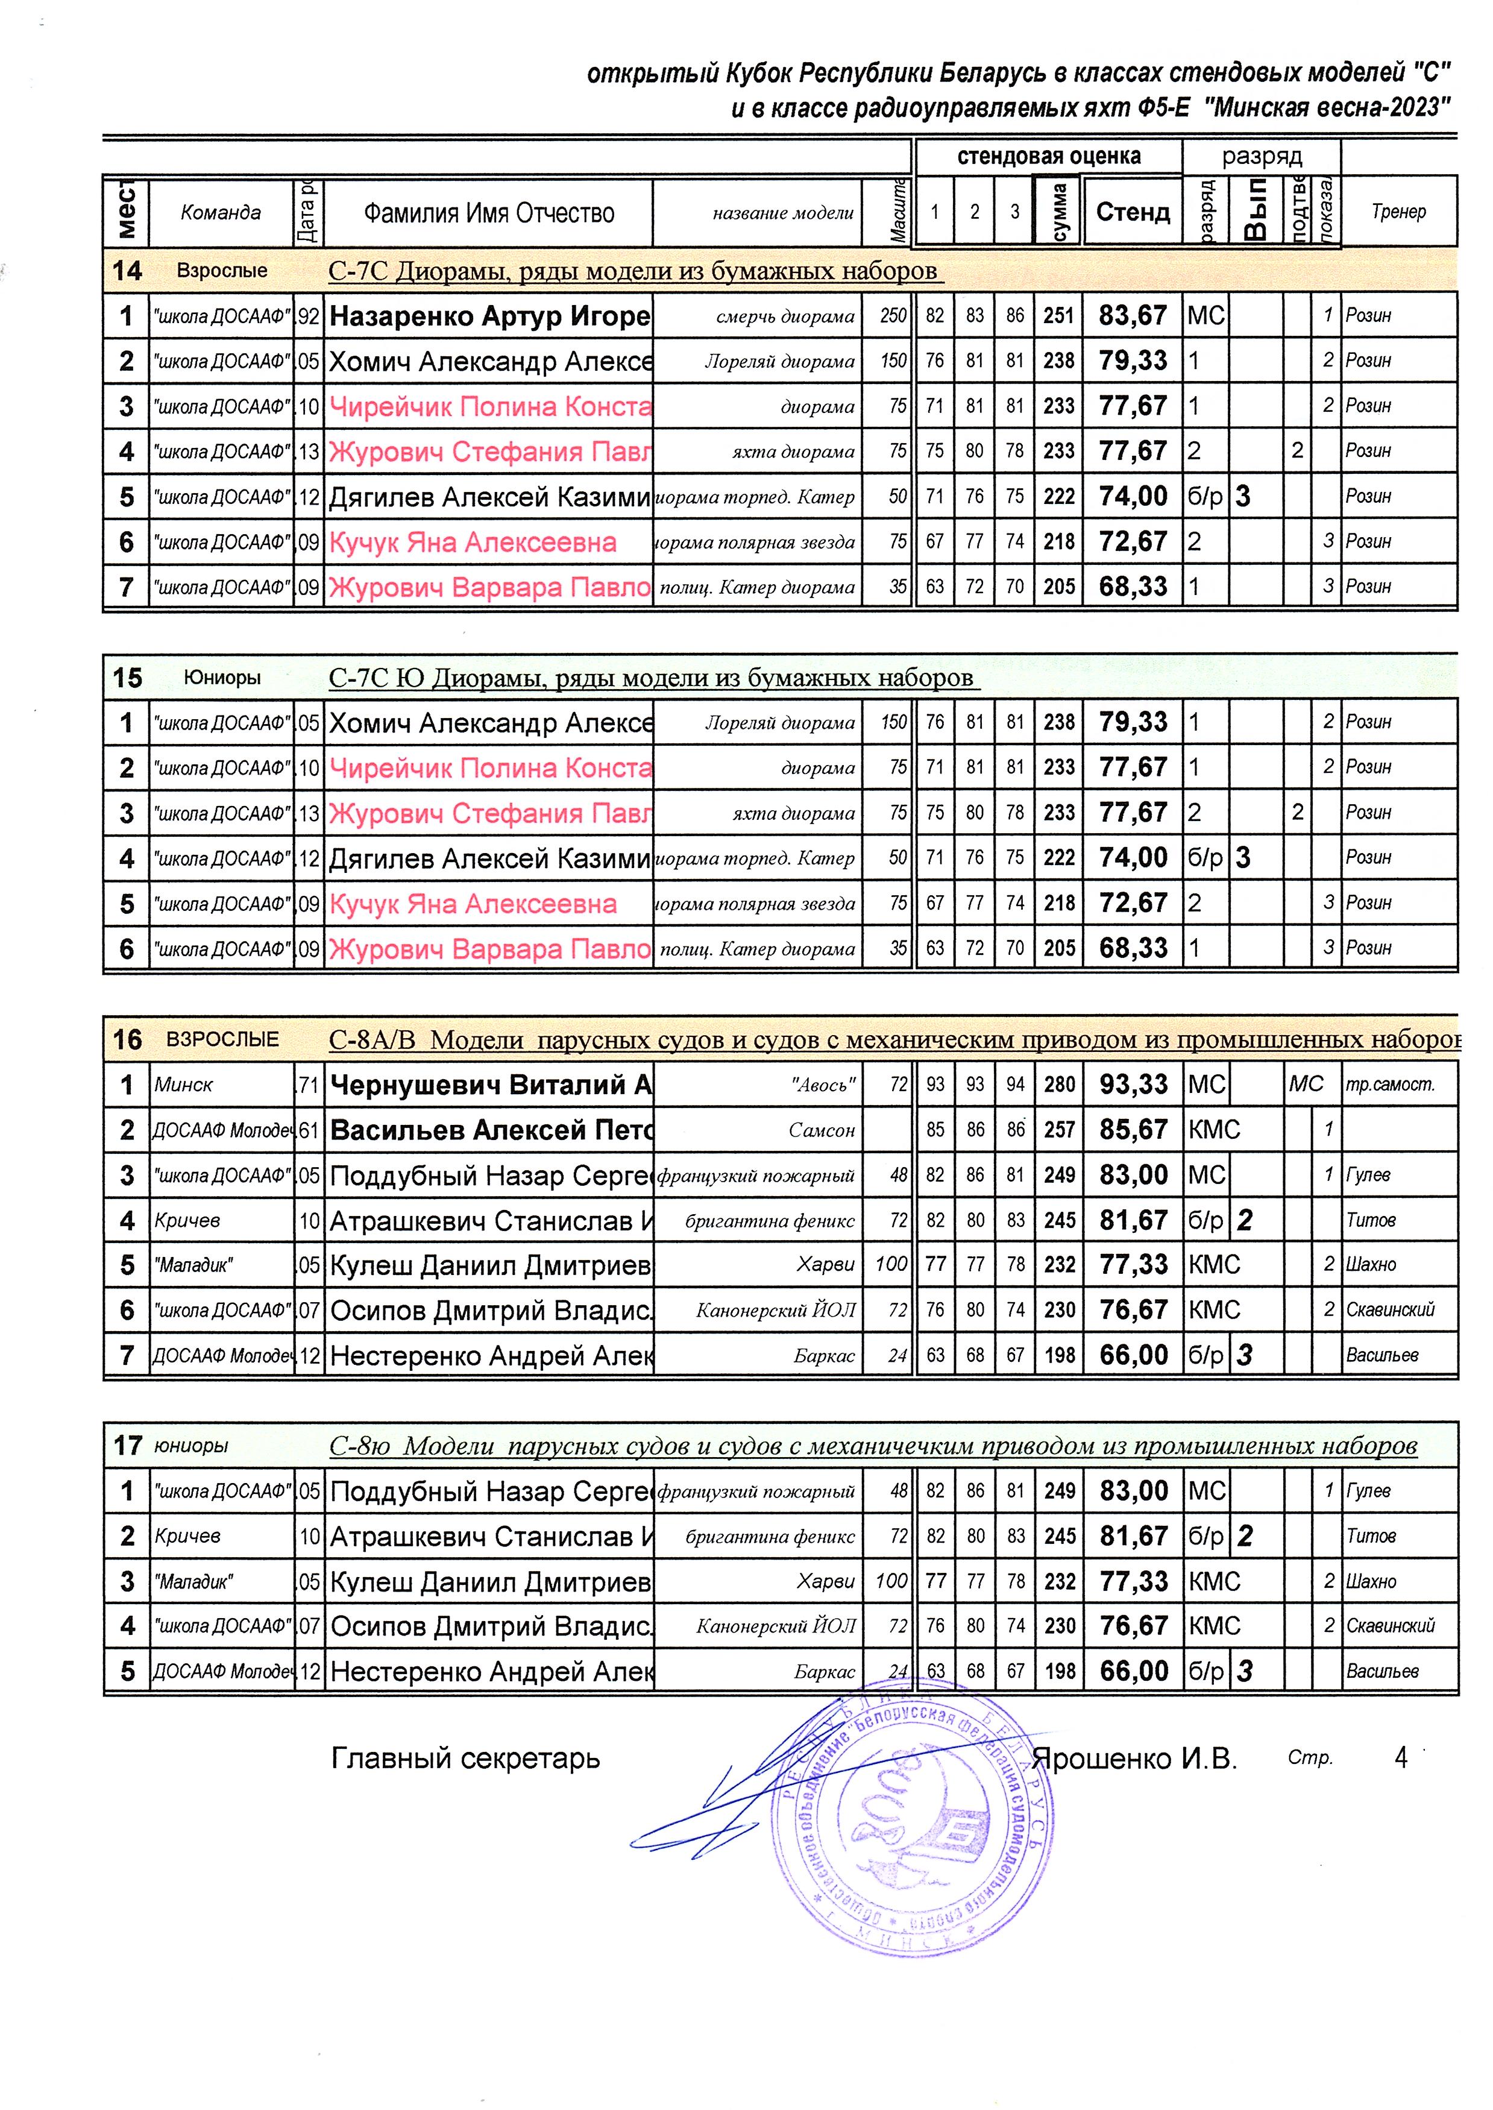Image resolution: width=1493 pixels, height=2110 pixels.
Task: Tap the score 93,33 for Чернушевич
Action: click(1133, 1085)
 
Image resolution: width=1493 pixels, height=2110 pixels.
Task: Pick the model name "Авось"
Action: click(823, 1086)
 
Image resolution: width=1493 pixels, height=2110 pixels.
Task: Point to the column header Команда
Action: click(221, 212)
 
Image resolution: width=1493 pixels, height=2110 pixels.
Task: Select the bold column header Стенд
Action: click(1133, 212)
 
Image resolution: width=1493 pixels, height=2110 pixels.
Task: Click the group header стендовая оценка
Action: click(1048, 156)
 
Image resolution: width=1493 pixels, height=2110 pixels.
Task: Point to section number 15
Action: click(127, 678)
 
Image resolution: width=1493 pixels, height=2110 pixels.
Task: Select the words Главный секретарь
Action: click(465, 1759)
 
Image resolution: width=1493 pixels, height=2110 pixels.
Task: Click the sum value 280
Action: click(1059, 1085)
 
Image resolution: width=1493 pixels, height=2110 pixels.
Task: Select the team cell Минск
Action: click(184, 1086)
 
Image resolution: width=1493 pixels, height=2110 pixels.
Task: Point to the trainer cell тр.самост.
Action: click(1389, 1086)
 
